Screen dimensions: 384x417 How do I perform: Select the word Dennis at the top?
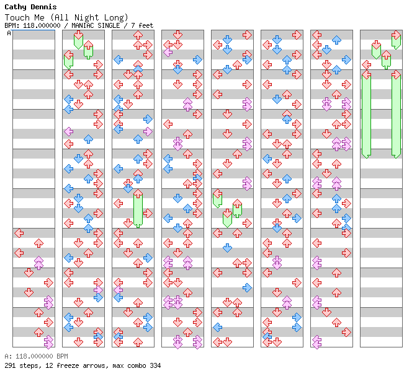click(x=45, y=7)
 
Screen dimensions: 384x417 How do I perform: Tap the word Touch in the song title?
click(x=17, y=17)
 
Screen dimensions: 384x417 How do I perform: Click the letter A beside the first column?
click(x=9, y=33)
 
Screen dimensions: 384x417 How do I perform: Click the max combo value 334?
click(x=155, y=365)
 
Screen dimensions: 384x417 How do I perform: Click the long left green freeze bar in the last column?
click(x=366, y=115)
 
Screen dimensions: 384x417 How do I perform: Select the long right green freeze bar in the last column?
click(x=396, y=115)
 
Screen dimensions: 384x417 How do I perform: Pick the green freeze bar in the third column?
click(x=138, y=209)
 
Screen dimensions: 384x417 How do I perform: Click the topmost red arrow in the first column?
click(x=19, y=233)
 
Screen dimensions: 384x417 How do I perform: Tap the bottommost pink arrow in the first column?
click(x=48, y=341)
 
